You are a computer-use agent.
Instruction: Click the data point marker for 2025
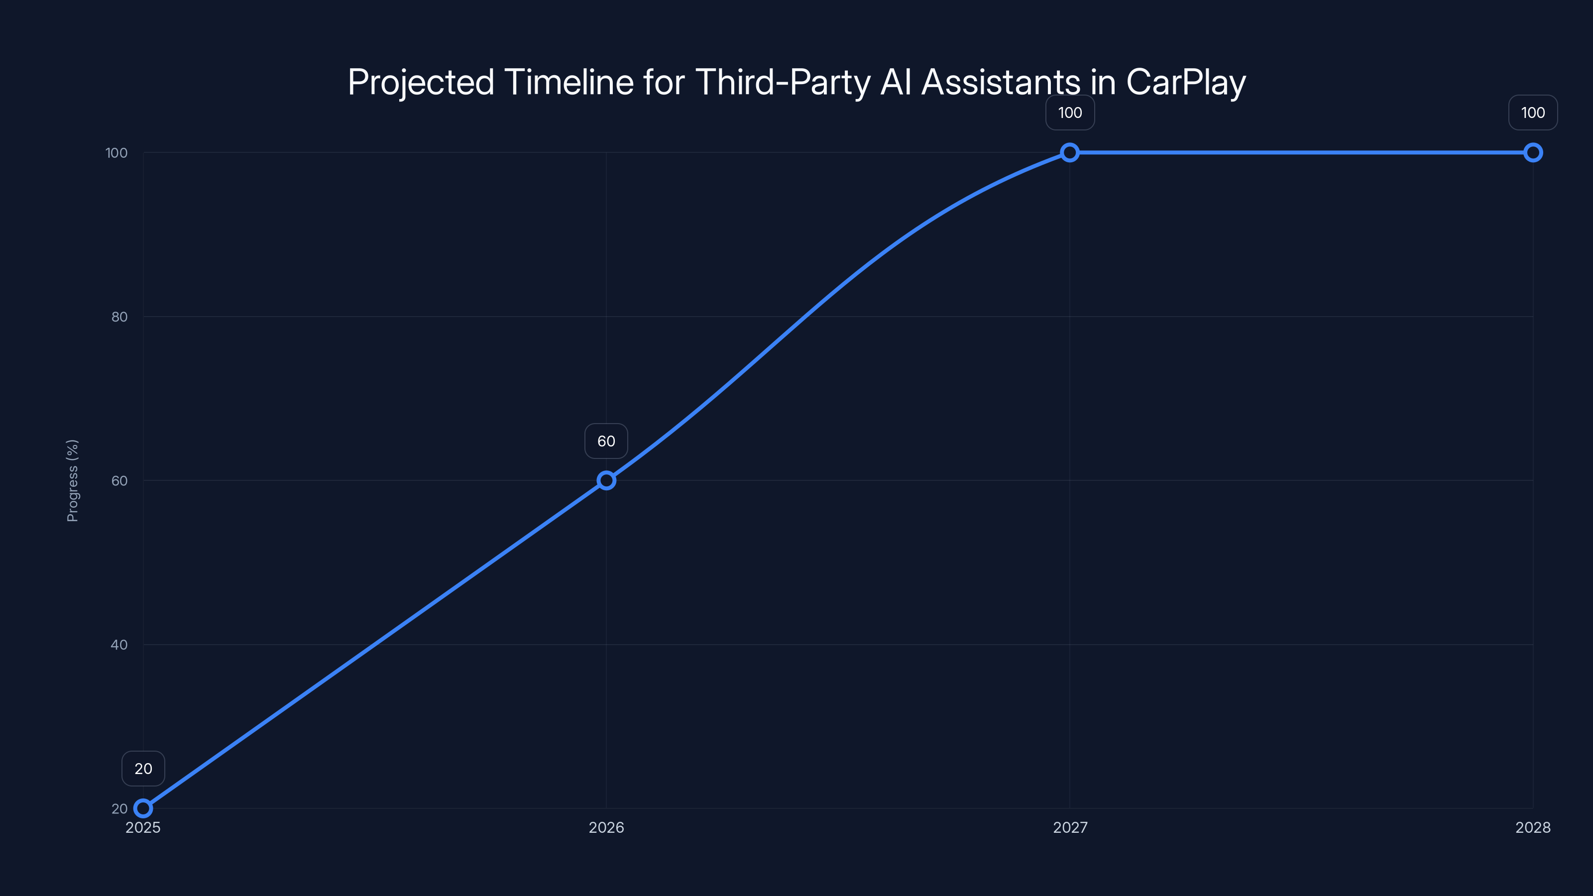[x=143, y=808]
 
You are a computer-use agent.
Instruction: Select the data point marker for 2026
[x=606, y=480]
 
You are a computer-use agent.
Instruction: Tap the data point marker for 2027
[x=1070, y=153]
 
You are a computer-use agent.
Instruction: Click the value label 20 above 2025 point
[x=143, y=769]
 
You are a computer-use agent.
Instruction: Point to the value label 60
[x=606, y=441]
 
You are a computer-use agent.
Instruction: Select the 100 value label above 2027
[x=1070, y=112]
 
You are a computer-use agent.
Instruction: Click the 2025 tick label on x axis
[x=143, y=827]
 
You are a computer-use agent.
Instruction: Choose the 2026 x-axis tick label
[x=606, y=827]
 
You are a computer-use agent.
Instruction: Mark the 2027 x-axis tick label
[x=1070, y=827]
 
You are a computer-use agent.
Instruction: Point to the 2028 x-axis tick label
[x=1532, y=827]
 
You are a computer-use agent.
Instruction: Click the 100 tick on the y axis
[x=116, y=153]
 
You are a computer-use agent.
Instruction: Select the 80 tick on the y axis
[x=119, y=317]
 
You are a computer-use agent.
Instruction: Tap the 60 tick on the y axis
[x=119, y=480]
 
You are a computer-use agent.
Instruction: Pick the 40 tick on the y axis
[x=119, y=644]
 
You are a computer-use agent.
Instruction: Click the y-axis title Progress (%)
[x=72, y=480]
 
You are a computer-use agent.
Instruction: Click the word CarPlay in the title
[x=1185, y=82]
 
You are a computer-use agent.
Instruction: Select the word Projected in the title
[x=421, y=82]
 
